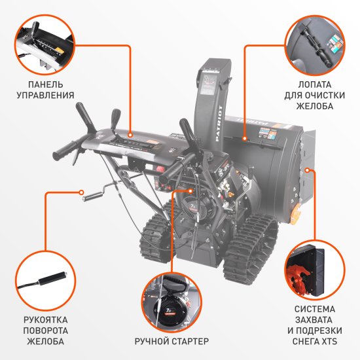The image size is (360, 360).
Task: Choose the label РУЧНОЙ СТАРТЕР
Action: [171, 342]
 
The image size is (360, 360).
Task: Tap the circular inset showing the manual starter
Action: [171, 302]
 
